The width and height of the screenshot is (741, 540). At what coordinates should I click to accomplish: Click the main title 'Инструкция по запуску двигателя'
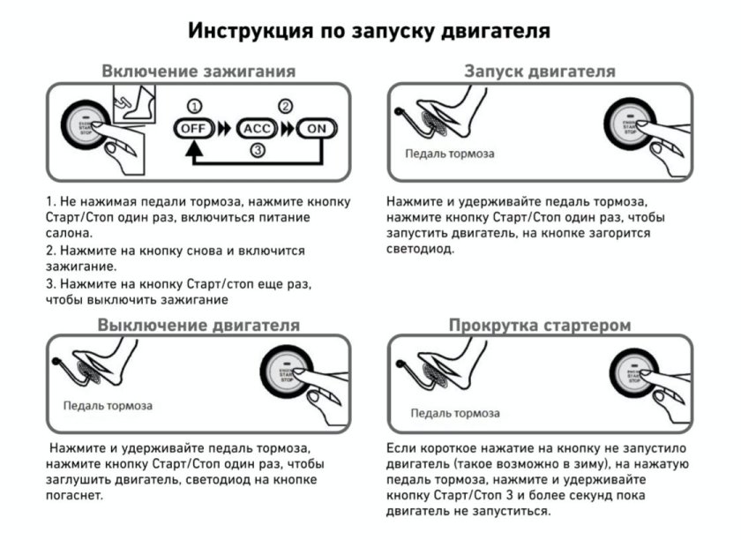click(370, 31)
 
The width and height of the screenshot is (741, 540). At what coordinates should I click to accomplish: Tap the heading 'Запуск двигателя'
click(540, 71)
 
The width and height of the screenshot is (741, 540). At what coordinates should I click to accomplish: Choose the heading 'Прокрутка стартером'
click(540, 326)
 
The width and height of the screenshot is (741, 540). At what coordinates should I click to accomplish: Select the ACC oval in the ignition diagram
click(253, 128)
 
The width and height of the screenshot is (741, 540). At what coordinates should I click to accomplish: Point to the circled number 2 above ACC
click(285, 107)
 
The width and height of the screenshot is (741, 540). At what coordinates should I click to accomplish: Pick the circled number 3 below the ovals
click(257, 151)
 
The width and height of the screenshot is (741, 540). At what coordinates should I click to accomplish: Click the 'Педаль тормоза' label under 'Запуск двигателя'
click(450, 154)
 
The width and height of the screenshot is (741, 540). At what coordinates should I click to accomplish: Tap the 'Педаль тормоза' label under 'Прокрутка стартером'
click(455, 413)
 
